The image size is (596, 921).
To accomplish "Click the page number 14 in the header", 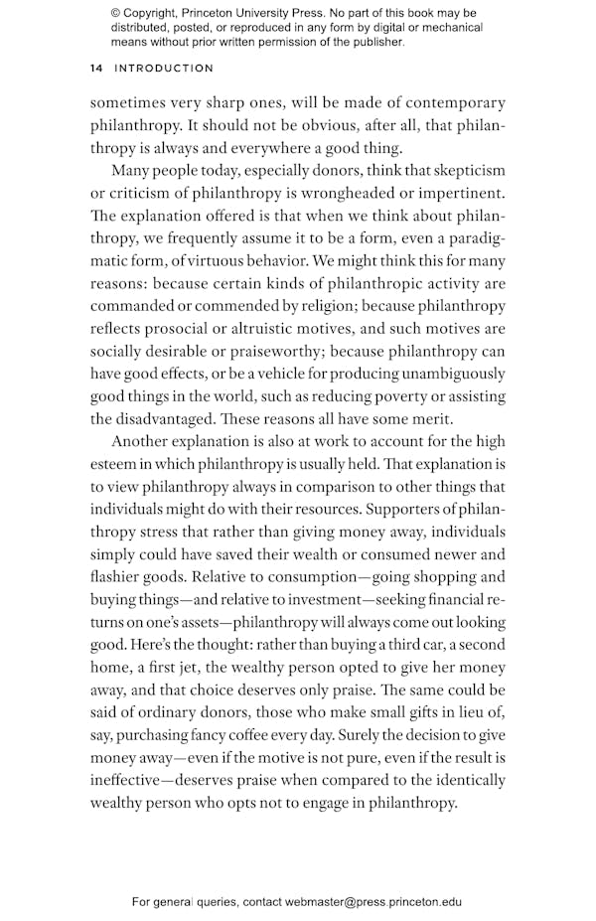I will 96,69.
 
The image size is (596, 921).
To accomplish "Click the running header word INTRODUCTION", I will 164,69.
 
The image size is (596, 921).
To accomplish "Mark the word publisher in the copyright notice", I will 372,43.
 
